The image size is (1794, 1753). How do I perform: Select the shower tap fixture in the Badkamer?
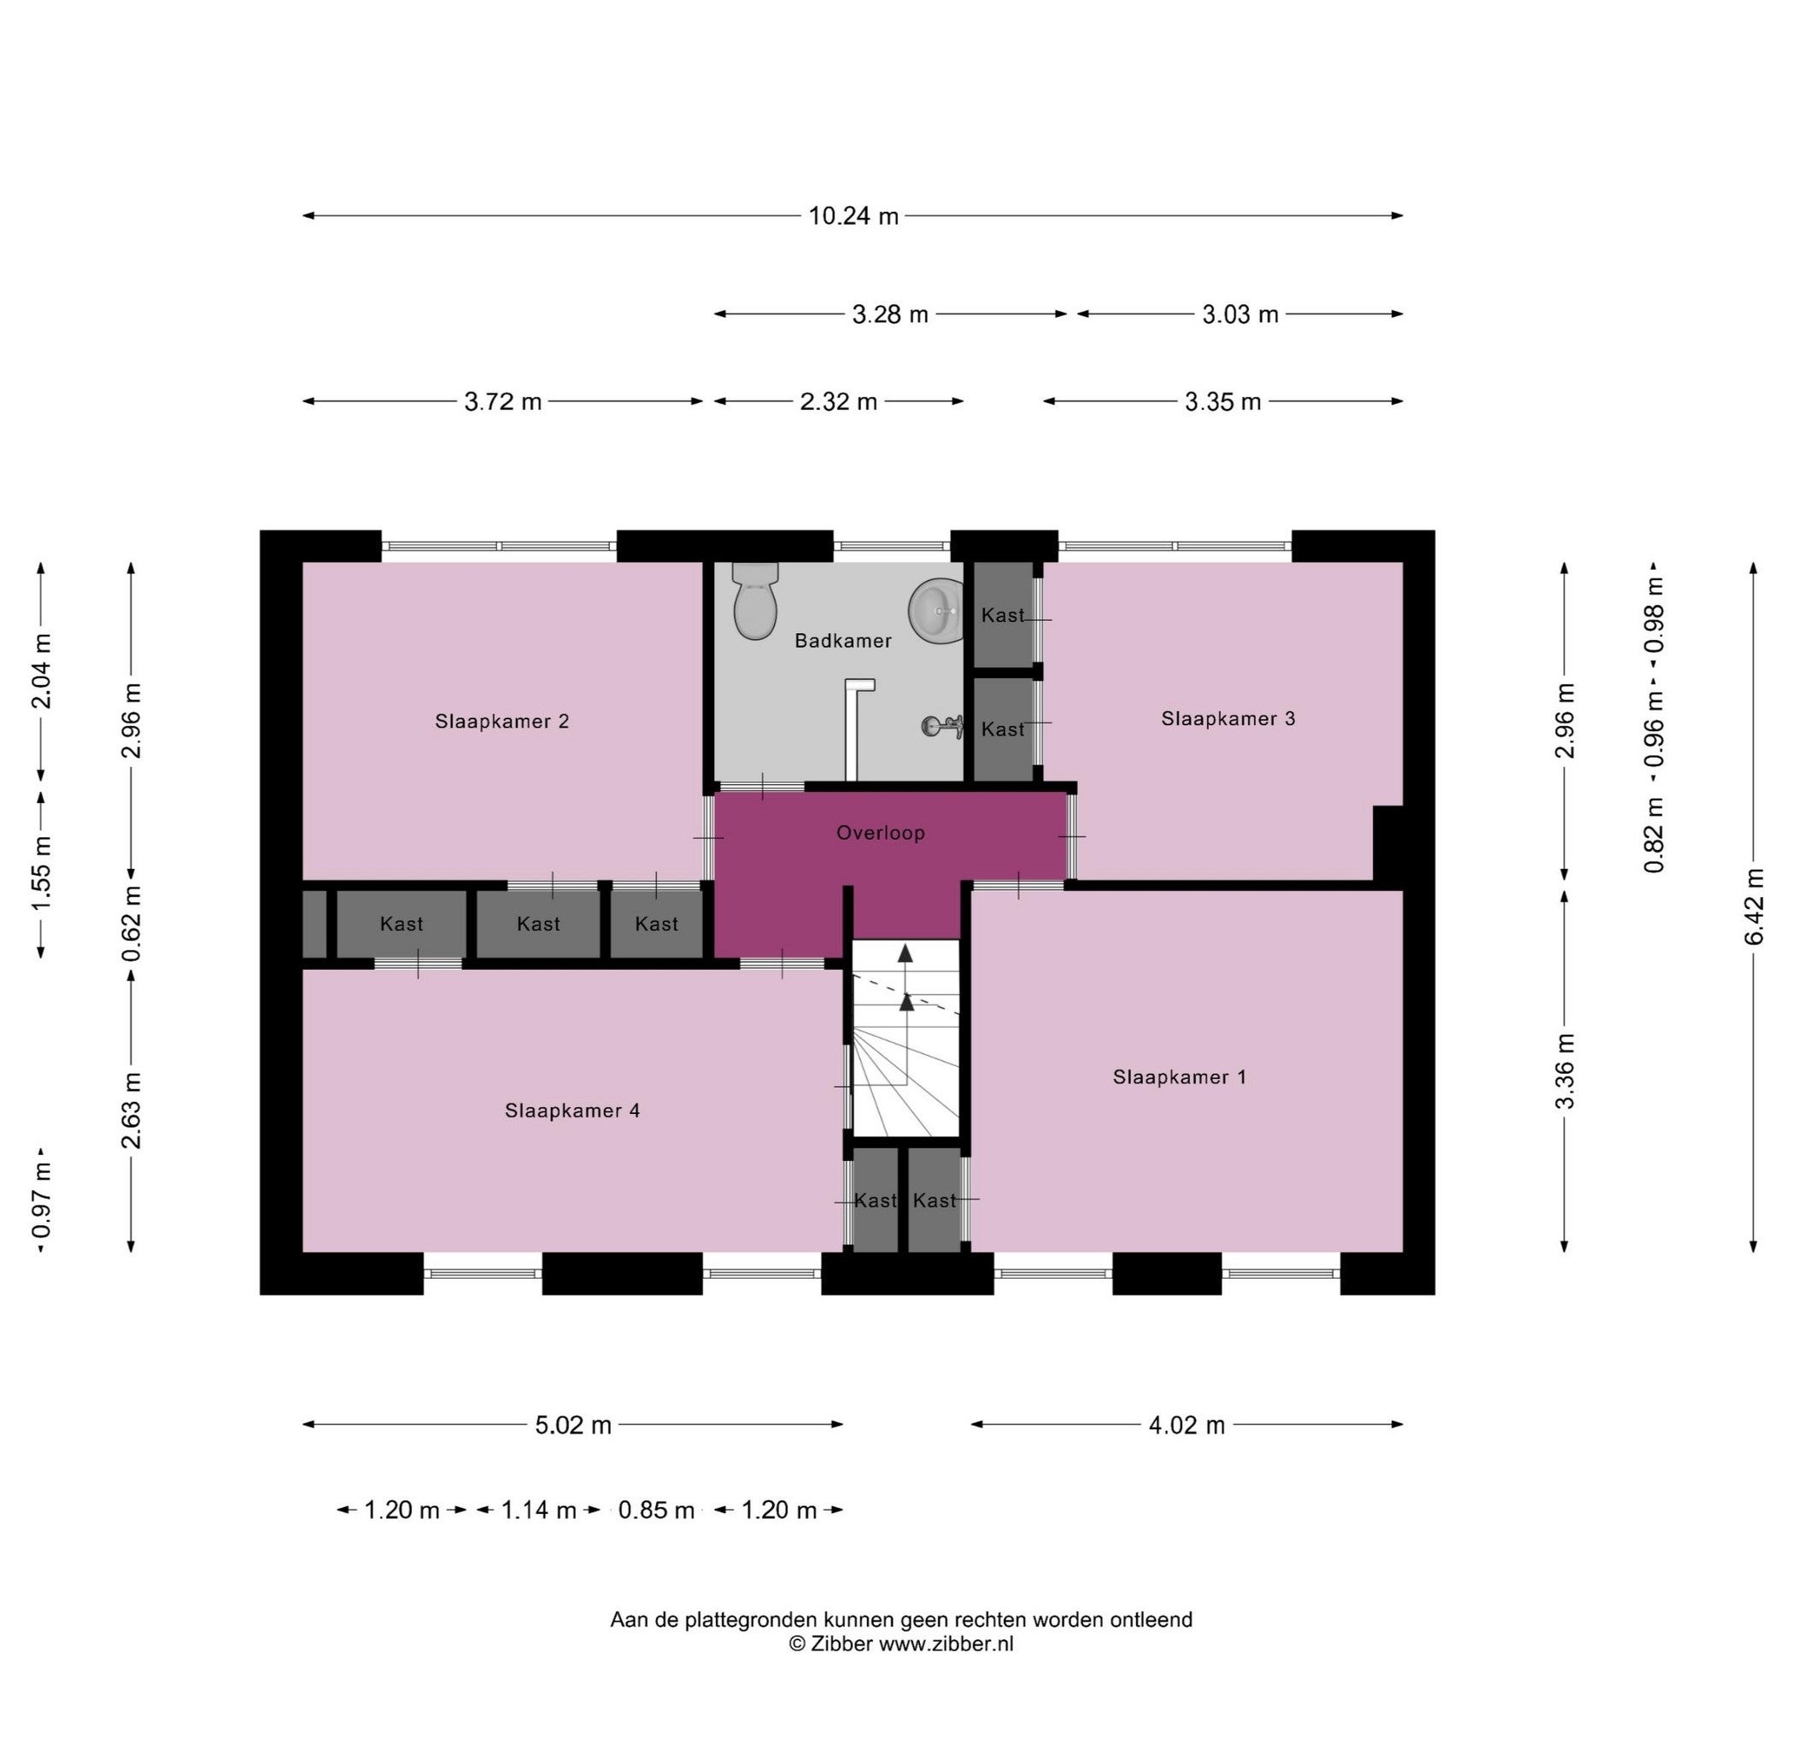[x=941, y=726]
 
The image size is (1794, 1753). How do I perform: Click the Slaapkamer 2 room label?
[x=501, y=721]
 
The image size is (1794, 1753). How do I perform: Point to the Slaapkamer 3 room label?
[x=1228, y=718]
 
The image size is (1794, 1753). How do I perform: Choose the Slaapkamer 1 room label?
[x=1179, y=1076]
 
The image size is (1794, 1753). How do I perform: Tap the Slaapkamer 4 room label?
[x=572, y=1111]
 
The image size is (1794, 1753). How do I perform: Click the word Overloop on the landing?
[x=880, y=832]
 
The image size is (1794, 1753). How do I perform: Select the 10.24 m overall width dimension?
[x=853, y=215]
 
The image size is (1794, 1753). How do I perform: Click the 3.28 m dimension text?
[x=890, y=314]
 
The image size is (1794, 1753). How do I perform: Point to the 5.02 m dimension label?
[x=573, y=1424]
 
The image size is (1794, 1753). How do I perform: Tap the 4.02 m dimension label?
[x=1187, y=1424]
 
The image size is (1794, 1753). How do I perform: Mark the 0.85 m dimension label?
[x=656, y=1510]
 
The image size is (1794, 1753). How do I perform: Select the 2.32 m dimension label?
[x=838, y=402]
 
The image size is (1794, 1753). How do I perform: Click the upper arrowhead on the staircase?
[x=906, y=952]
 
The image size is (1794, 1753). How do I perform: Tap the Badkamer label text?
[x=843, y=641]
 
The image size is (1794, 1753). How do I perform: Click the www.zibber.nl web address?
[x=946, y=1644]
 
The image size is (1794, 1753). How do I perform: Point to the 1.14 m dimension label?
[x=538, y=1510]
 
